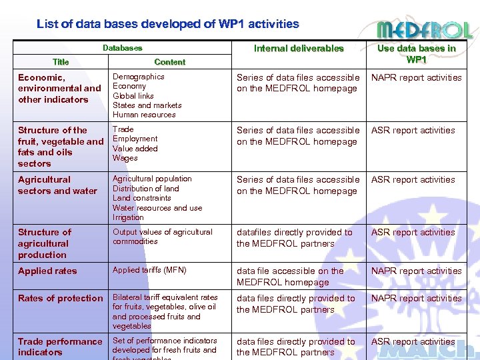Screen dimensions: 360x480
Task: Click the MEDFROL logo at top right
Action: click(424, 30)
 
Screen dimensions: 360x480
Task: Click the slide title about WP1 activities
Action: click(167, 24)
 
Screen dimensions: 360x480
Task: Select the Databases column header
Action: click(122, 48)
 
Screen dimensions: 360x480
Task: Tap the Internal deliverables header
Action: click(299, 48)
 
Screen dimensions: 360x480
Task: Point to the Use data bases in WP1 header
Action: click(417, 53)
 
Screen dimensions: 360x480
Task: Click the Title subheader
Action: click(61, 62)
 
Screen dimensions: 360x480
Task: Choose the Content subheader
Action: click(169, 62)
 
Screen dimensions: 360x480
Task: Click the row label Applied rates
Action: click(47, 271)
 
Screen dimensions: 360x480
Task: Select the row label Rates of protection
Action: click(61, 299)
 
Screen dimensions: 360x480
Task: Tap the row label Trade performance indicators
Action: click(60, 347)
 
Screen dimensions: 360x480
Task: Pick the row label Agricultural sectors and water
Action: click(57, 185)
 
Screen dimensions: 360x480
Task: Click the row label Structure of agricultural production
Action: click(44, 243)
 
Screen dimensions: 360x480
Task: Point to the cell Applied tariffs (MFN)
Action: click(149, 270)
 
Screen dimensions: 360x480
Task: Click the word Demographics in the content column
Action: click(139, 77)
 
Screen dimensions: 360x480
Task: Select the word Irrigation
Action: click(128, 217)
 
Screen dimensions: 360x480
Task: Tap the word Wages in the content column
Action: click(125, 158)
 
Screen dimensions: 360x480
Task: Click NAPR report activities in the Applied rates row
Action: click(416, 271)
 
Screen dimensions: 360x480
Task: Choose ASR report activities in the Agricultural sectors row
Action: click(413, 180)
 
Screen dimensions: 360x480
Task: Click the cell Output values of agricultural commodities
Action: click(162, 237)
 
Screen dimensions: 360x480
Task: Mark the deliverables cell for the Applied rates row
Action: click(290, 277)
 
